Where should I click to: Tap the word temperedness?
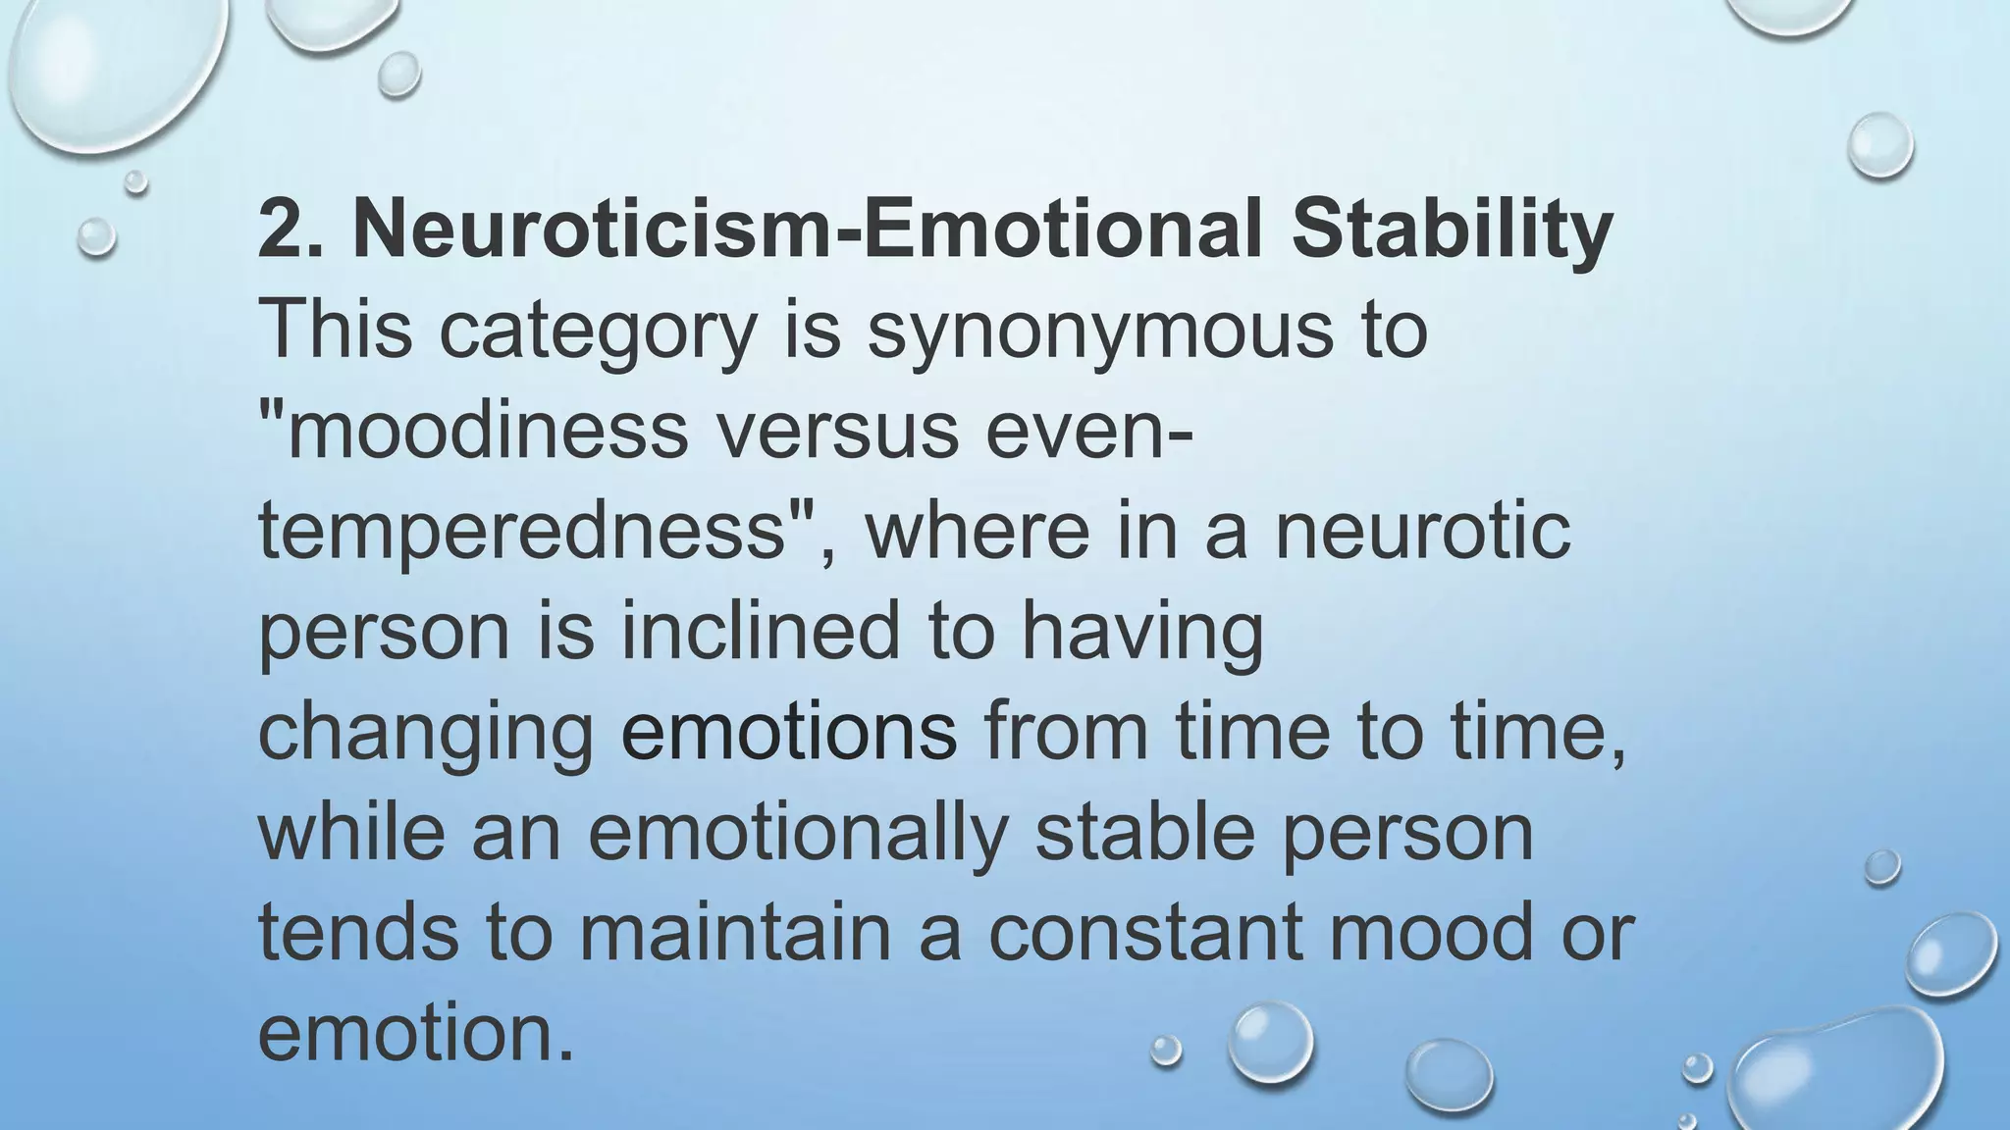coord(524,532)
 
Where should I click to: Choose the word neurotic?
coord(1422,532)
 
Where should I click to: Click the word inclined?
coord(760,632)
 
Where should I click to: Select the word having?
coord(1142,634)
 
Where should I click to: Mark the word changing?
coord(426,734)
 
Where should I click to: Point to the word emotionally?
coord(799,834)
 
